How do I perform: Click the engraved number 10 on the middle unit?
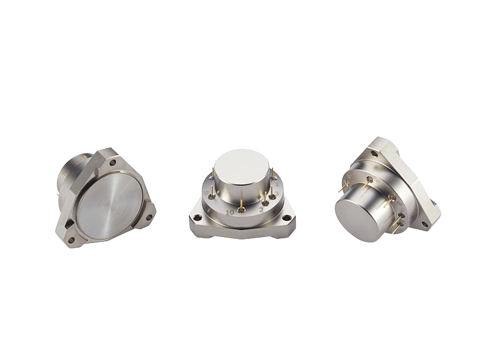[230, 212]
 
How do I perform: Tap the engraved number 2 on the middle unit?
[261, 210]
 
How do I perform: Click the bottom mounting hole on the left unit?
[72, 240]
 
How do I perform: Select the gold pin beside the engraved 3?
[272, 196]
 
